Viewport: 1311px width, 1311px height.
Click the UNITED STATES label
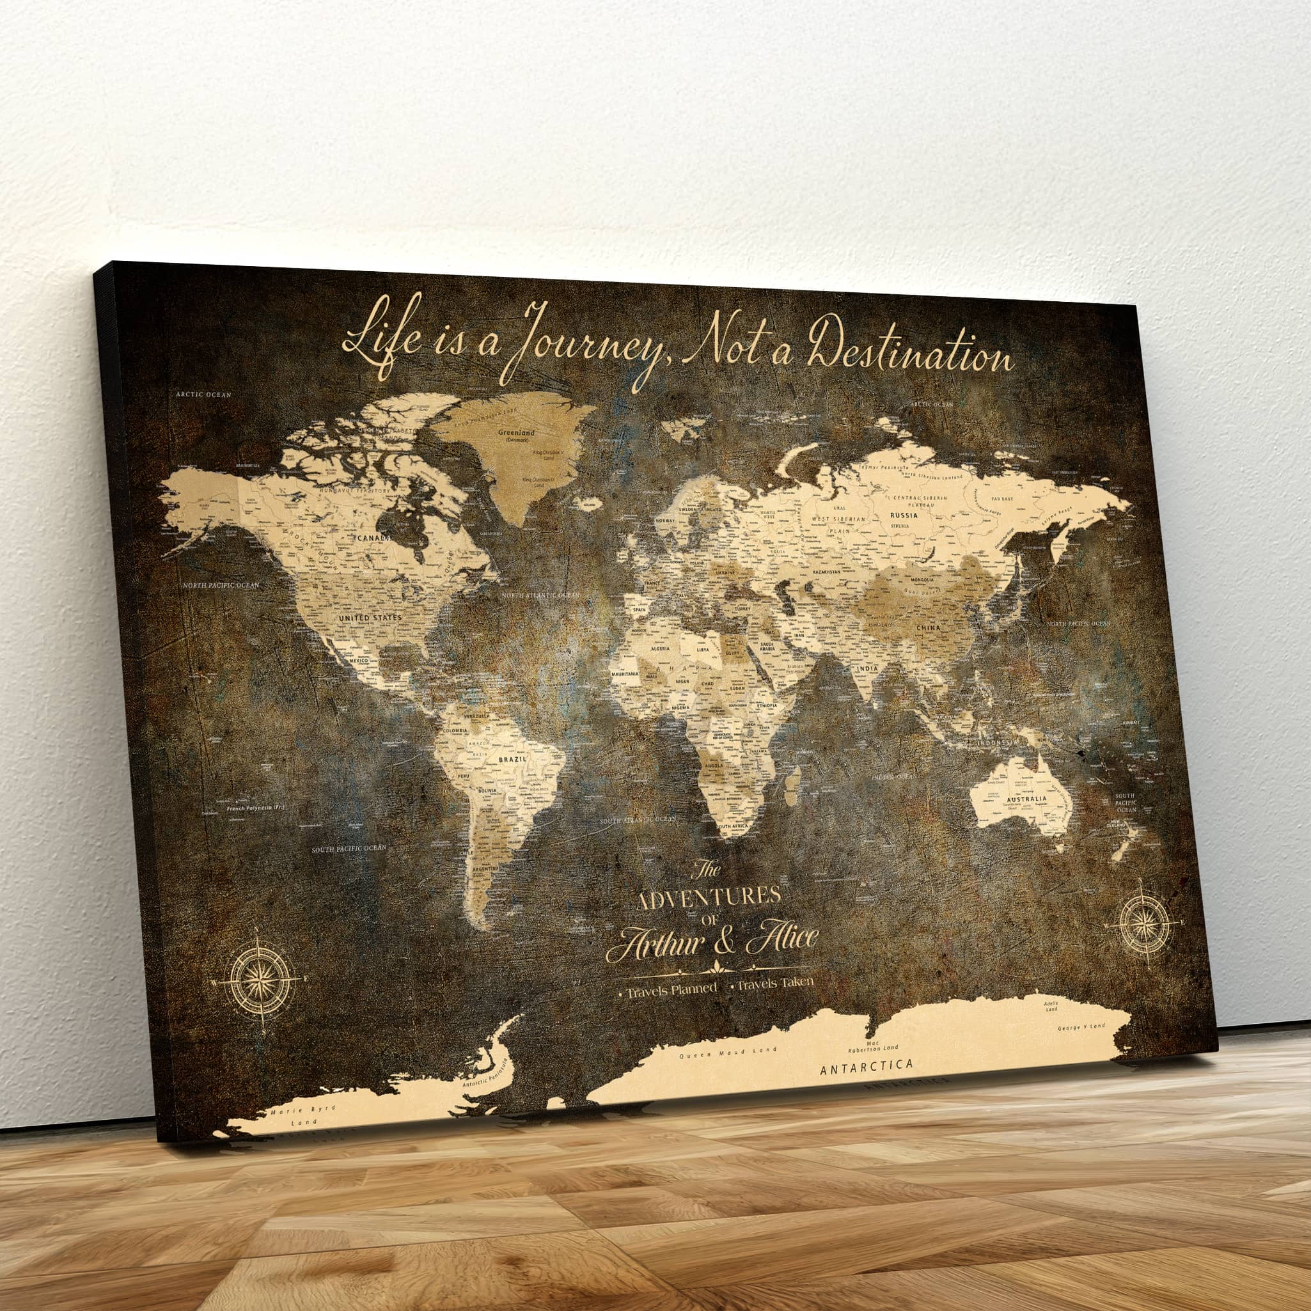[370, 618]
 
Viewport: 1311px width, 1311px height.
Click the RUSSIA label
[904, 515]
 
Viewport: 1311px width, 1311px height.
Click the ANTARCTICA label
[867, 1067]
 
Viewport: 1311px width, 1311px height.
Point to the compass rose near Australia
[1145, 923]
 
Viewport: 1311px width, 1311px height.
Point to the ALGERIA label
[660, 648]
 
